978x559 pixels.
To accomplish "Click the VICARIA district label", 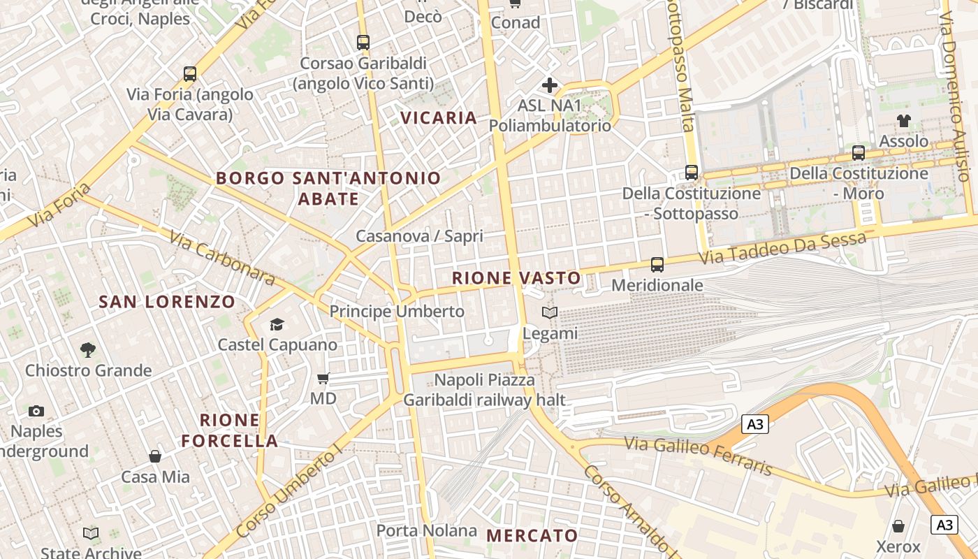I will click(x=439, y=117).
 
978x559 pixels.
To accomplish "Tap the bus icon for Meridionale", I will click(x=657, y=265).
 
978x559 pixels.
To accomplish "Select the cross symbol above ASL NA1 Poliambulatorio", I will click(x=550, y=85).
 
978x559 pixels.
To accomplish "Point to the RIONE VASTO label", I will click(x=516, y=278).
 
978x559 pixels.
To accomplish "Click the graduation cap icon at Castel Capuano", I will click(x=277, y=324).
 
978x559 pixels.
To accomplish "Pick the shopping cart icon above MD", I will click(x=323, y=379).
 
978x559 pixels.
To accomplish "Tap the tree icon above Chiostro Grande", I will click(x=88, y=349).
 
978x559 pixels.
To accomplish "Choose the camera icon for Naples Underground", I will click(x=36, y=411).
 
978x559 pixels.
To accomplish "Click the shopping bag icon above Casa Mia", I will click(x=155, y=456).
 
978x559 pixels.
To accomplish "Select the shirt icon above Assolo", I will click(x=904, y=121).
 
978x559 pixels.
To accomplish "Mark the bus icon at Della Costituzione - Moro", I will click(x=859, y=153).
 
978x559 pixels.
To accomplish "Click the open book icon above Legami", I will click(x=550, y=313).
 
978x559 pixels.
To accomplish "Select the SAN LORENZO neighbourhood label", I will click(x=167, y=302).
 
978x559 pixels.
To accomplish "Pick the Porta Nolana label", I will click(x=427, y=530).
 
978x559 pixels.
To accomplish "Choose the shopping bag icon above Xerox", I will click(x=898, y=526).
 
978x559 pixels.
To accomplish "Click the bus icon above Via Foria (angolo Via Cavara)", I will click(x=189, y=74).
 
